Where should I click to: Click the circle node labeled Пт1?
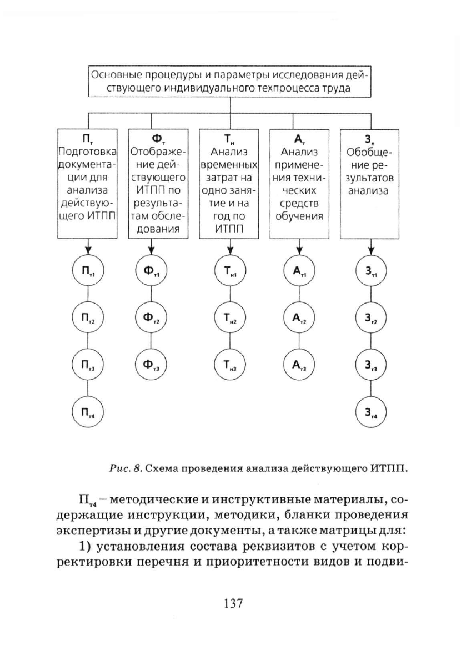point(88,270)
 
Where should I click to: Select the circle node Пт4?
point(88,412)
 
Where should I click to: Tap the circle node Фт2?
point(152,317)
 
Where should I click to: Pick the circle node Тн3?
point(231,365)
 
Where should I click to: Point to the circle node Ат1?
point(299,270)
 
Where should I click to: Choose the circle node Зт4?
point(370,412)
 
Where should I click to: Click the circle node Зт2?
point(370,317)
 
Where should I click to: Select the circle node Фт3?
point(152,365)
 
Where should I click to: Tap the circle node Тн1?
point(231,270)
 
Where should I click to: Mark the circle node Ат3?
point(299,365)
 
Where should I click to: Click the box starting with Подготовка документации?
point(87,184)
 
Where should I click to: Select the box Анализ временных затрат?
point(229,184)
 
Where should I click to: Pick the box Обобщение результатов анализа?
point(370,184)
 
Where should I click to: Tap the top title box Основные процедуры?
point(230,82)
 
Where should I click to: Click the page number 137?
point(233,603)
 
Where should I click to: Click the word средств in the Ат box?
point(299,203)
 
